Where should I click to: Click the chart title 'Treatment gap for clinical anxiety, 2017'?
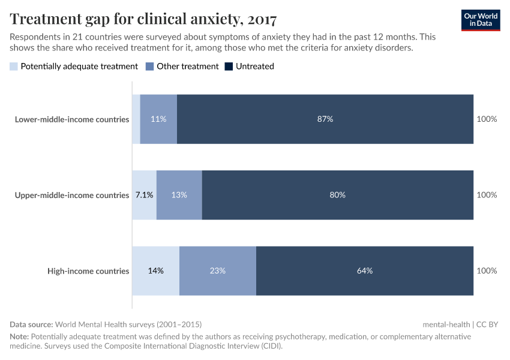pyautogui.click(x=143, y=19)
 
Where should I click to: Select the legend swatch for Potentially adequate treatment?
pyautogui.click(x=14, y=67)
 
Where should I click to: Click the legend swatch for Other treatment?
pyautogui.click(x=150, y=67)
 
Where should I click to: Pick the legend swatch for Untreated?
pyautogui.click(x=229, y=67)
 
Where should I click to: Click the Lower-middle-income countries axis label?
pyautogui.click(x=72, y=119)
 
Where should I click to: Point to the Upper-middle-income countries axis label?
pyautogui.click(x=71, y=195)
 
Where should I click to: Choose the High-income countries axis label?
pyautogui.click(x=88, y=271)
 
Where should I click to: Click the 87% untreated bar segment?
pyautogui.click(x=325, y=119)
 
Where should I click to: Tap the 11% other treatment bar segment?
pyautogui.click(x=158, y=119)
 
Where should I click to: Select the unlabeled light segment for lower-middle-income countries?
pyautogui.click(x=136, y=119)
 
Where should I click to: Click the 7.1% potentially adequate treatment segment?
pyautogui.click(x=144, y=195)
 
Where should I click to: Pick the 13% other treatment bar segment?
pyautogui.click(x=179, y=195)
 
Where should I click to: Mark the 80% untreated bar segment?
pyautogui.click(x=338, y=195)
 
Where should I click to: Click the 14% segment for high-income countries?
pyautogui.click(x=155, y=271)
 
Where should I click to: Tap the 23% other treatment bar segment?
pyautogui.click(x=218, y=271)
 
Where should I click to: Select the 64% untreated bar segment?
pyautogui.click(x=365, y=271)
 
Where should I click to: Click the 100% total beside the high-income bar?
pyautogui.click(x=487, y=271)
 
